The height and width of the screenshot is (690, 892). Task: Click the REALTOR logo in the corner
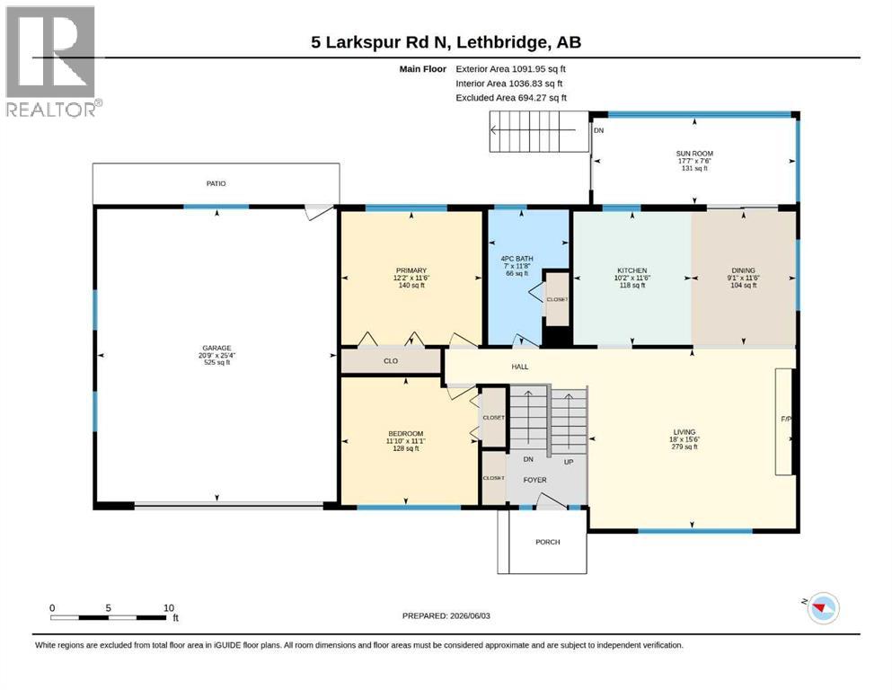tap(54, 61)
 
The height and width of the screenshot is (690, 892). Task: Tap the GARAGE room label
tap(216, 348)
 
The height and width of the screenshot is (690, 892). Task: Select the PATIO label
tap(216, 184)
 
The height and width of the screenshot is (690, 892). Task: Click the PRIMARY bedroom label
tap(411, 270)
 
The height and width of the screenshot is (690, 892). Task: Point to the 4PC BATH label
tap(517, 259)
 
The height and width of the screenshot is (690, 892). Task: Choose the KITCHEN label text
tap(632, 270)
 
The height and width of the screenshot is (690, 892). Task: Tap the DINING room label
tap(744, 270)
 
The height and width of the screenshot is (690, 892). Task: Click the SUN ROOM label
tap(694, 154)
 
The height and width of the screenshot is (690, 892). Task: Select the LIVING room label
tap(684, 432)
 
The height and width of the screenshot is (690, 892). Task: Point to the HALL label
tap(520, 367)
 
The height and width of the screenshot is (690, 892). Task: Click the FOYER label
tap(534, 480)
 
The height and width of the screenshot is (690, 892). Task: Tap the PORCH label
tap(548, 542)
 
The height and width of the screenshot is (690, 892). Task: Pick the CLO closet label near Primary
tap(391, 361)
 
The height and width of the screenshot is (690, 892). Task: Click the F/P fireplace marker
tap(786, 420)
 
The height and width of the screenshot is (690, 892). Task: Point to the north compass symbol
tap(822, 608)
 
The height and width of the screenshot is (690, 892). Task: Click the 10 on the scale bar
tap(169, 608)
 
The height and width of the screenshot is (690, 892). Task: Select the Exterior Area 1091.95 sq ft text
tap(511, 69)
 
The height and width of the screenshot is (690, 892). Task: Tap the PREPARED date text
tap(446, 616)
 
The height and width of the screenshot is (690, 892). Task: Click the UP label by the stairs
tap(569, 463)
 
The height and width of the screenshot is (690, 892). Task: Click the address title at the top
tap(446, 42)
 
